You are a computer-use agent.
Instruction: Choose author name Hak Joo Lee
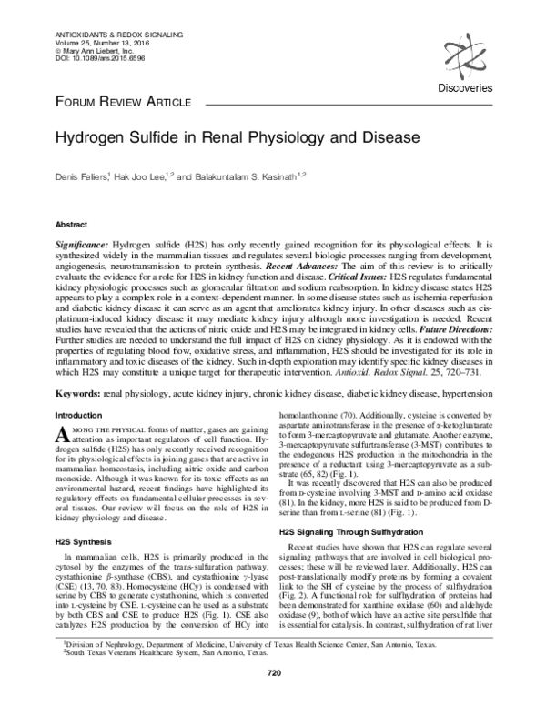tap(136, 177)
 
